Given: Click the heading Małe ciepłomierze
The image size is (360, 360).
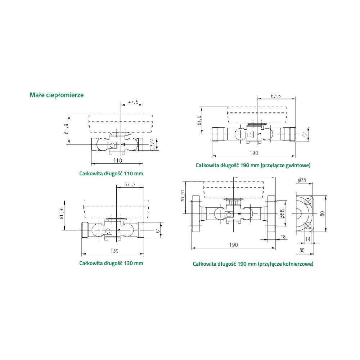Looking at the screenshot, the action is pyautogui.click(x=57, y=95).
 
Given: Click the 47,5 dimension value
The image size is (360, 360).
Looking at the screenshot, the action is pyautogui.click(x=134, y=102).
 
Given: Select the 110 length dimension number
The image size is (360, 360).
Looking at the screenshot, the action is pyautogui.click(x=118, y=161).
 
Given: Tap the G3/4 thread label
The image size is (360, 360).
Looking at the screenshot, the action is pyautogui.click(x=152, y=144).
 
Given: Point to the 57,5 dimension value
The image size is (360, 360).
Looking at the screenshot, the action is pyautogui.click(x=130, y=184).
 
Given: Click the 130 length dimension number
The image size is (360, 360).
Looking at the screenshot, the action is pyautogui.click(x=114, y=251).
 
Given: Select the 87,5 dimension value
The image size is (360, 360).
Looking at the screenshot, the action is pyautogui.click(x=276, y=96).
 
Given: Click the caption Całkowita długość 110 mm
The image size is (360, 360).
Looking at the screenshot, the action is pyautogui.click(x=111, y=174).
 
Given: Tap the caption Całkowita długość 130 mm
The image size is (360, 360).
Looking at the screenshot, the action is pyautogui.click(x=111, y=263).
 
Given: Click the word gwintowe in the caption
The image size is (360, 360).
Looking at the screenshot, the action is pyautogui.click(x=298, y=165).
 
